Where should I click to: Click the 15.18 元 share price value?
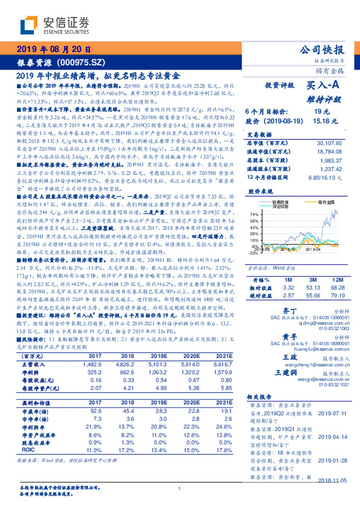pos(321,120)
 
